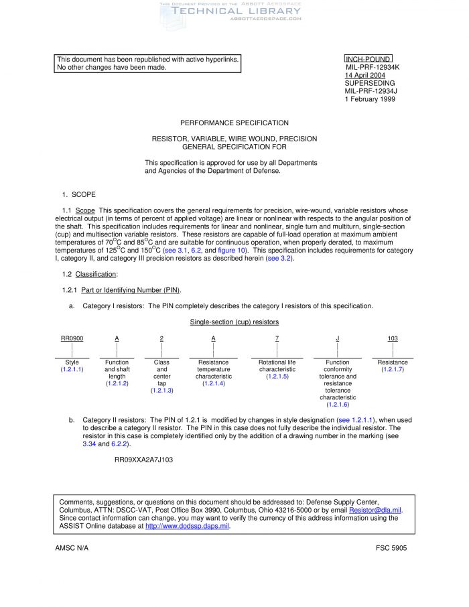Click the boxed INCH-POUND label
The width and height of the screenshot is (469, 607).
[x=368, y=60]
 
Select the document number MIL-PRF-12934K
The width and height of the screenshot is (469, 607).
[x=373, y=68]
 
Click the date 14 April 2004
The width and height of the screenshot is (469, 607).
[x=364, y=76]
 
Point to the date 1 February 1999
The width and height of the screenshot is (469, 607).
[x=370, y=99]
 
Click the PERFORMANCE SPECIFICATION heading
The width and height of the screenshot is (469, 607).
[x=234, y=123]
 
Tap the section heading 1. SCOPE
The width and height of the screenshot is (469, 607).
[x=79, y=194]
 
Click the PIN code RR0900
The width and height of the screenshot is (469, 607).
[x=72, y=338]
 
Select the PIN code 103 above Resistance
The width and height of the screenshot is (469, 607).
[x=393, y=338]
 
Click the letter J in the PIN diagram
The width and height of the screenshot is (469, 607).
[x=337, y=338]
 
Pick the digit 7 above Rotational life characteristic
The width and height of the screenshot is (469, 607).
[x=277, y=338]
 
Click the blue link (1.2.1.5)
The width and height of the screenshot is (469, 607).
[x=277, y=377]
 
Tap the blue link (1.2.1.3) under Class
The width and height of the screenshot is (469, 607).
[x=161, y=390]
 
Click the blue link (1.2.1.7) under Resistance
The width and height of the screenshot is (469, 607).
[x=393, y=369]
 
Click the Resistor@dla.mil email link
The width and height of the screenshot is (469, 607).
[x=375, y=511]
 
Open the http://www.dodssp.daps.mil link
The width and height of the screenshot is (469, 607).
[x=187, y=527]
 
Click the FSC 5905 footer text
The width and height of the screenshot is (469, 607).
[x=391, y=548]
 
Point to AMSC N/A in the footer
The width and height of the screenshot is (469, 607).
[x=72, y=548]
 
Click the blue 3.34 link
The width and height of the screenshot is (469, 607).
[x=89, y=444]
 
